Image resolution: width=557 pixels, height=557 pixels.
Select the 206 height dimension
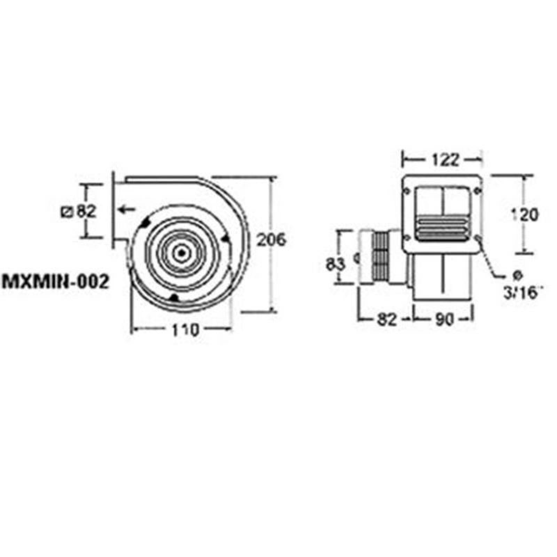(x=271, y=239)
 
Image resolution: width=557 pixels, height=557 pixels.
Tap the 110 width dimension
(x=185, y=330)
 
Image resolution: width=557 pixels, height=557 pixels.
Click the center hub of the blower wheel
(x=181, y=253)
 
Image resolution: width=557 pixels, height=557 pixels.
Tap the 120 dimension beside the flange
(x=525, y=215)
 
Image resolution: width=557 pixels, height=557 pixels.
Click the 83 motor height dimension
(x=336, y=265)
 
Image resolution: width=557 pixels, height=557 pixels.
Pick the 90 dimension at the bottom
(x=445, y=319)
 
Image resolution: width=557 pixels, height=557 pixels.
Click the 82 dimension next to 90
(x=386, y=319)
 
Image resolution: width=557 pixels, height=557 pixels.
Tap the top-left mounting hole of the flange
(x=406, y=191)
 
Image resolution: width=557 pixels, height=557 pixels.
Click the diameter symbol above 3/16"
(x=518, y=275)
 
